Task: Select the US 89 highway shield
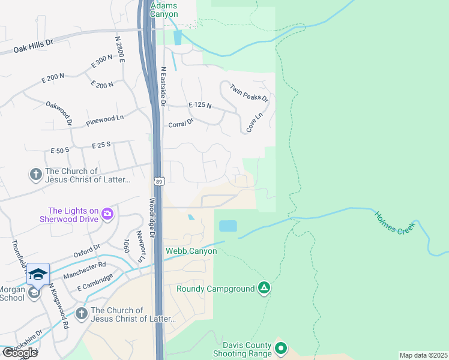(x=157, y=180)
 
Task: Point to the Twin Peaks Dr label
(x=249, y=91)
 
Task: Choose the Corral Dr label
(x=181, y=123)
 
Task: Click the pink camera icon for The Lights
(x=107, y=213)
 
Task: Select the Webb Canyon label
(x=191, y=251)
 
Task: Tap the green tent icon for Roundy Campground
(x=264, y=289)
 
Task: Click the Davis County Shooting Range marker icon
(x=280, y=347)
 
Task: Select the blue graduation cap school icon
(x=38, y=274)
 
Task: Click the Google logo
(x=19, y=353)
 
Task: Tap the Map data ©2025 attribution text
(x=423, y=355)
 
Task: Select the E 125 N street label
(x=200, y=105)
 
